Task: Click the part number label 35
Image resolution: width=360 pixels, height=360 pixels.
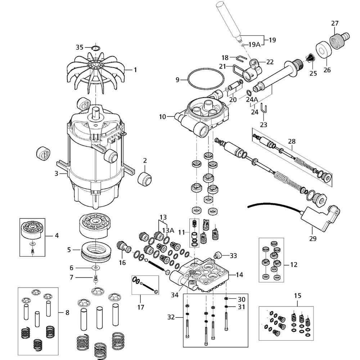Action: [x=79, y=47]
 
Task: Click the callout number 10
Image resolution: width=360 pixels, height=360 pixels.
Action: [x=162, y=117]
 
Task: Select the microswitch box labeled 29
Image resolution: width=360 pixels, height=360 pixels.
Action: [x=319, y=219]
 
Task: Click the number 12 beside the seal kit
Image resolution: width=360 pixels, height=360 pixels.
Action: [x=294, y=265]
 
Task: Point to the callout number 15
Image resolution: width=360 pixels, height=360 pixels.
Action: [x=297, y=296]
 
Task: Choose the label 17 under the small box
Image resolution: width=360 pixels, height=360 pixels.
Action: [x=140, y=307]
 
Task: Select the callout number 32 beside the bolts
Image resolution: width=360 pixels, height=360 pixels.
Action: [x=172, y=317]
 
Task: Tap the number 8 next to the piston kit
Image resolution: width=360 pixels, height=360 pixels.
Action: [x=67, y=313]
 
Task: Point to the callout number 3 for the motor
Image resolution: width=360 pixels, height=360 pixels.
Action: [x=57, y=174]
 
